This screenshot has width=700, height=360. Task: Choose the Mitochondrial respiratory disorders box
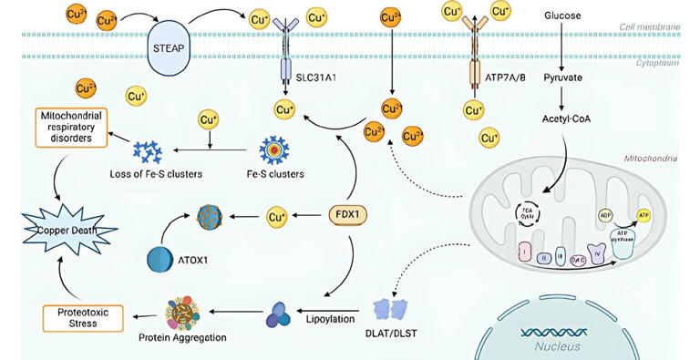click(71, 127)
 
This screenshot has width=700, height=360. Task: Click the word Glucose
click(563, 15)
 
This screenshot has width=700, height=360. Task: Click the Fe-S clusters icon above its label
click(273, 149)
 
